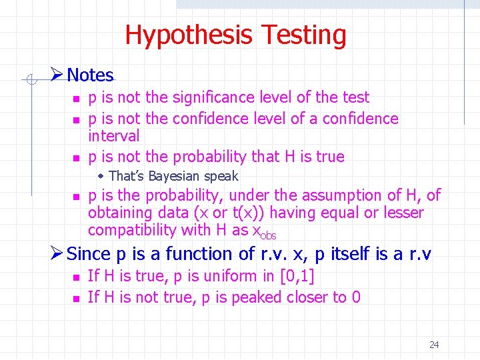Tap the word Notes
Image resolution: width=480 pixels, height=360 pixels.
point(91,75)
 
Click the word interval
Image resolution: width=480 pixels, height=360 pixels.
point(113,136)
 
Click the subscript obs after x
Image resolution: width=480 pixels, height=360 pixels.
point(269,235)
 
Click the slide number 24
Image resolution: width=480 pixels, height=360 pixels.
point(434,345)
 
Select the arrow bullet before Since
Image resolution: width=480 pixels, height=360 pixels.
point(58,253)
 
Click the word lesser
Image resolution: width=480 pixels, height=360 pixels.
point(401,213)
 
